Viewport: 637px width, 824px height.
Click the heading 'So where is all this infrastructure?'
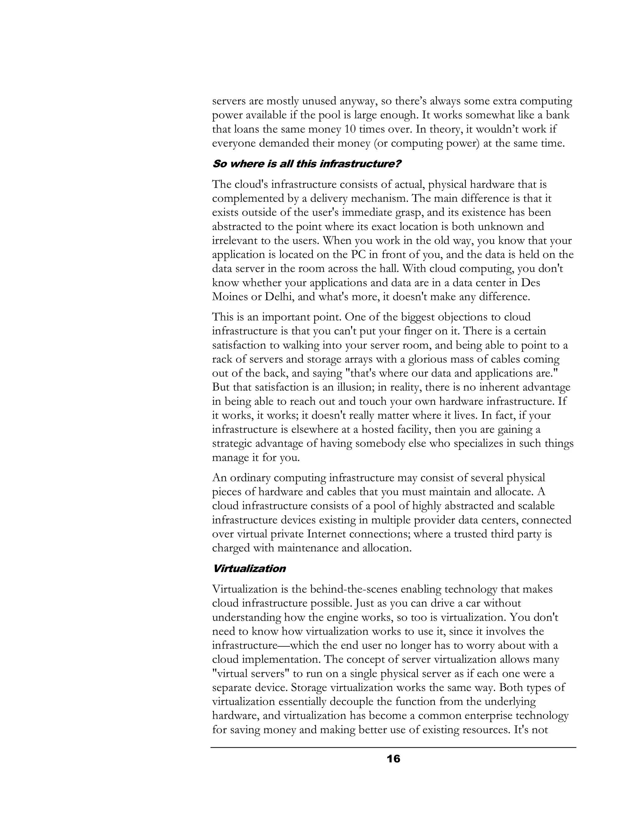click(x=306, y=164)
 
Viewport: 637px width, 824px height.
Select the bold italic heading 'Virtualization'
click(x=249, y=569)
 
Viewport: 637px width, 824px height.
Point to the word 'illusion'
click(x=346, y=387)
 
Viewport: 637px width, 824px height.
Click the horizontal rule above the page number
click(x=393, y=748)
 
